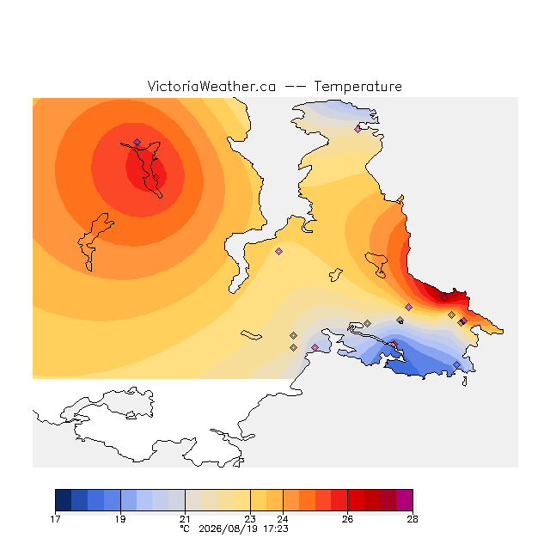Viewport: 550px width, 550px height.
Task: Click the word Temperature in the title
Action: coord(357,86)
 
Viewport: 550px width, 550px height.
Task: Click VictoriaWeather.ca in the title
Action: coord(211,86)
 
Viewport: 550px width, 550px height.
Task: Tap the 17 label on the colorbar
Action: coord(55,519)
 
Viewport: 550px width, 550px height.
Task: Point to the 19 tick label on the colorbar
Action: coord(120,519)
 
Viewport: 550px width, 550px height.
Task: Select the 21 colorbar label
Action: coord(185,519)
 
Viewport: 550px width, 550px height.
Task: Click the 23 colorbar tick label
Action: coord(250,519)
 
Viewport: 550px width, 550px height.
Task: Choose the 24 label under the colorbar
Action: coord(283,519)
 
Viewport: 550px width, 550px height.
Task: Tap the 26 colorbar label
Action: coord(347,519)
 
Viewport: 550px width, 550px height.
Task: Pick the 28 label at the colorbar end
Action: coord(412,519)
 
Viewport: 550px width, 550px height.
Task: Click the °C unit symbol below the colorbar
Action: coord(185,529)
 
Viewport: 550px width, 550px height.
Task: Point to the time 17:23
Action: coord(276,529)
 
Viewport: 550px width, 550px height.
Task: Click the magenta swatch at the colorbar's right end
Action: coord(405,500)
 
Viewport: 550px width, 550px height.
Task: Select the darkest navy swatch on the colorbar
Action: coord(64,500)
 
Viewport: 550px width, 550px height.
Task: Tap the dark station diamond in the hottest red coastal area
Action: coord(444,298)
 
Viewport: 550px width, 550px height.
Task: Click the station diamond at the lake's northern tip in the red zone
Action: coord(137,142)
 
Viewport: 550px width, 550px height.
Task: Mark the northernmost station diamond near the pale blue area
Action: coord(357,129)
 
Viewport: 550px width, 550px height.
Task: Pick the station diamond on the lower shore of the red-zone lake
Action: coord(156,178)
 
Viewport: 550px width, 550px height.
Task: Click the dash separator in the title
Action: coord(295,87)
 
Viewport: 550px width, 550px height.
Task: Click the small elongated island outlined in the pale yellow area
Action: coord(251,335)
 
